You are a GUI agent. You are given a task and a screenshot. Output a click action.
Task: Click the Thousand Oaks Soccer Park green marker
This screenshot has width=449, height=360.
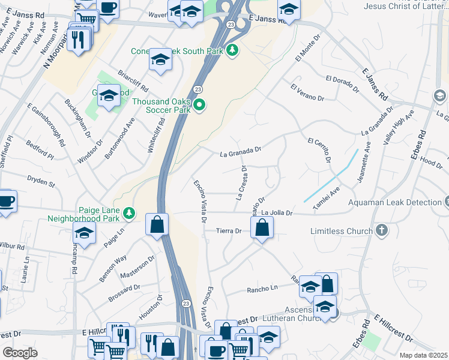point(199,106)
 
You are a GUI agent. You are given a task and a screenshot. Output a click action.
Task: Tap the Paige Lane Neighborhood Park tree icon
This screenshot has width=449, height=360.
point(128,213)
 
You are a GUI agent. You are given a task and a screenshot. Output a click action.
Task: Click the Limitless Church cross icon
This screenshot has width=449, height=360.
point(381,230)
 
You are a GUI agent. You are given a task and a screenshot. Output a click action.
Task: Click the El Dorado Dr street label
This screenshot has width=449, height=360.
point(342,83)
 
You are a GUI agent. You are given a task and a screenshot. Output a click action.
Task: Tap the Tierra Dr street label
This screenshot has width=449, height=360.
point(229,231)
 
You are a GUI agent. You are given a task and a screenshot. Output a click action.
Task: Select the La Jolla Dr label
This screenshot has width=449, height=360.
point(277,213)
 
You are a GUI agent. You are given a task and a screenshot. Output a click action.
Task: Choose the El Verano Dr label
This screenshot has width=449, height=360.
point(307,92)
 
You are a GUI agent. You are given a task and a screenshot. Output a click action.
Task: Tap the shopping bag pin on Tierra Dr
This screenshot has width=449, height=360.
point(262,227)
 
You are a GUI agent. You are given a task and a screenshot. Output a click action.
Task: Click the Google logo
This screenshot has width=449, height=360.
point(20,352)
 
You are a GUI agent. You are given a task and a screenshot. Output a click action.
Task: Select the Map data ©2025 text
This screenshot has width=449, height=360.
point(423,355)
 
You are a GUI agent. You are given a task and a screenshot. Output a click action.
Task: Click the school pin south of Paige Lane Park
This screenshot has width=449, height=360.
point(85,233)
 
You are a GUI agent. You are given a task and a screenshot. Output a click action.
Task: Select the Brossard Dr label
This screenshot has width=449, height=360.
point(125,292)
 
